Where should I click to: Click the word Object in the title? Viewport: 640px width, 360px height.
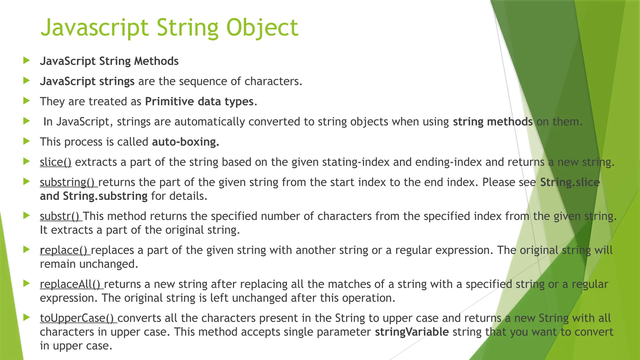(x=262, y=27)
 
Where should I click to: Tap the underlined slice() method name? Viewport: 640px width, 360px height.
(x=56, y=162)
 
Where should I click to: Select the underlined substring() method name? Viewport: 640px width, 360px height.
(x=68, y=182)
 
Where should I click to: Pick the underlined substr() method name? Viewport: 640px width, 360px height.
(x=61, y=216)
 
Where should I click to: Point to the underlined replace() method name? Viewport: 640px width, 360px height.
(x=65, y=250)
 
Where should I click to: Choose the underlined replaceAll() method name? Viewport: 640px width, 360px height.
(x=71, y=284)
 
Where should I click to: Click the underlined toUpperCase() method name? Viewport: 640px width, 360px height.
(x=78, y=318)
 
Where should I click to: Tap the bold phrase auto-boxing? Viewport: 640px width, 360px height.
(x=186, y=142)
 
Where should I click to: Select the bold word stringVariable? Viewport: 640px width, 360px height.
(x=412, y=332)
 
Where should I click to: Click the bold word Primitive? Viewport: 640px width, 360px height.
(x=169, y=102)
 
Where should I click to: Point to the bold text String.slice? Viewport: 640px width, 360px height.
(x=570, y=182)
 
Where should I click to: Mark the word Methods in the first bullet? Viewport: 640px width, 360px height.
(x=156, y=61)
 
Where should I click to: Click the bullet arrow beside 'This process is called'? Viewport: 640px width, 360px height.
(x=27, y=141)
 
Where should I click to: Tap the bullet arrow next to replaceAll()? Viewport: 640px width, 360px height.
(x=27, y=283)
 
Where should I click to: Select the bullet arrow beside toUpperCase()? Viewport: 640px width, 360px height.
(x=27, y=317)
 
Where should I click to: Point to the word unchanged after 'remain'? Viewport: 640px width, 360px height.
(x=108, y=264)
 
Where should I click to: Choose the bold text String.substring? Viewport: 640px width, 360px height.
(x=105, y=196)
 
